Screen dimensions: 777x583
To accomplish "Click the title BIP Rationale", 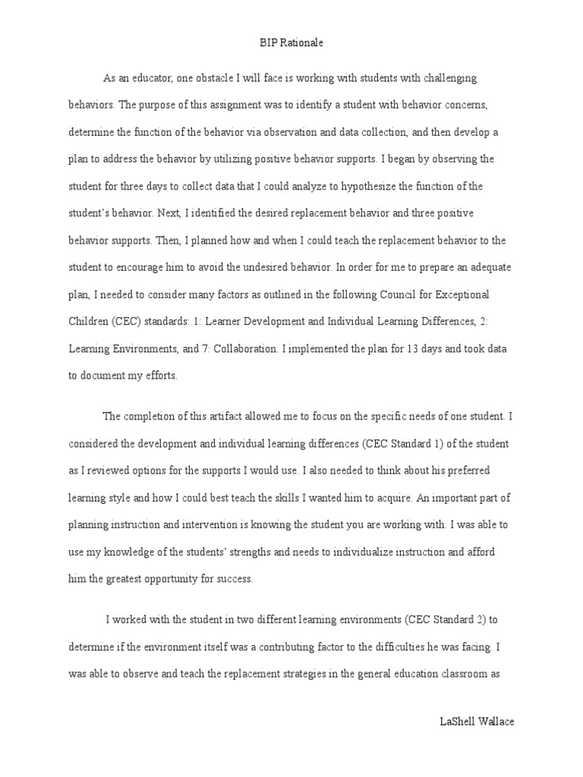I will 291,43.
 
